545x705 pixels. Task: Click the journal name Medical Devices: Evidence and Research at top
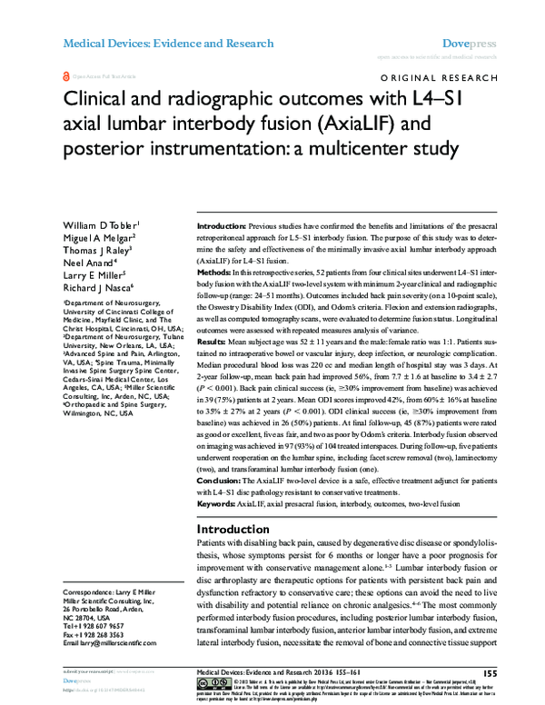click(167, 43)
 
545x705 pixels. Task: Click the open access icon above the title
click(65, 78)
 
